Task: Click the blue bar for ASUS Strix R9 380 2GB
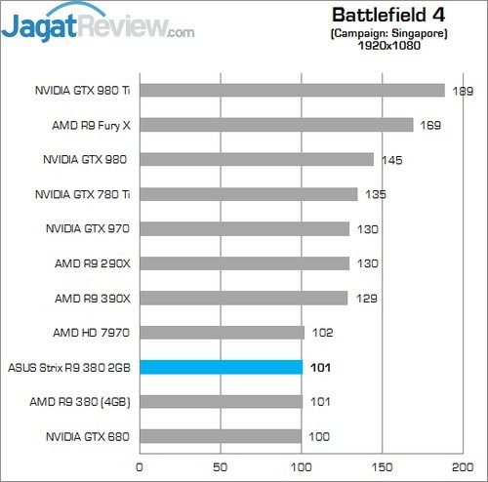click(222, 367)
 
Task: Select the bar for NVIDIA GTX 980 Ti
click(293, 91)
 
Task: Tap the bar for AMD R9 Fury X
click(277, 125)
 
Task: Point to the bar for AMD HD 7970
click(223, 333)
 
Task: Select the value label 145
click(392, 160)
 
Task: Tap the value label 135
click(376, 194)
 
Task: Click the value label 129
click(366, 298)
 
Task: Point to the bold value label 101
click(321, 368)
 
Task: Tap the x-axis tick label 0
click(141, 466)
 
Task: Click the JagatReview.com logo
click(98, 26)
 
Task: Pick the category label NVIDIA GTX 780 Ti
click(83, 194)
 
